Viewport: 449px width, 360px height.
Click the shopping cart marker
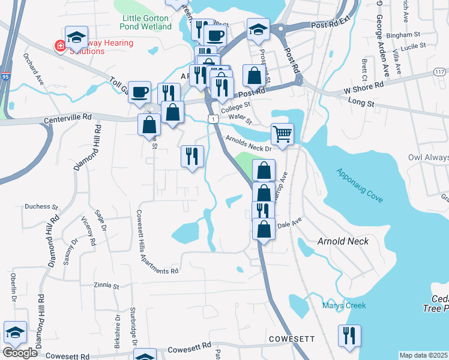pyautogui.click(x=282, y=134)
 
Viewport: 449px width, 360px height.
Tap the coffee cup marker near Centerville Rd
pyautogui.click(x=139, y=92)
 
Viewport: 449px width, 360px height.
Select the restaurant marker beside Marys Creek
pyautogui.click(x=349, y=336)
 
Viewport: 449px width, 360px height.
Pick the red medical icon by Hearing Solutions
pyautogui.click(x=60, y=46)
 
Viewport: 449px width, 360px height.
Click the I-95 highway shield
pyautogui.click(x=6, y=60)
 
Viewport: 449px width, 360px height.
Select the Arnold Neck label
pyautogui.click(x=343, y=241)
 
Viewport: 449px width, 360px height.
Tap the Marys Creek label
pyautogui.click(x=343, y=305)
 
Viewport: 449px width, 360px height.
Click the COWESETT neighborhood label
pyautogui.click(x=291, y=339)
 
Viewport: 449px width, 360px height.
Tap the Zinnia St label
pyautogui.click(x=107, y=286)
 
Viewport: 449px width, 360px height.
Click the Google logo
pyautogui.click(x=20, y=353)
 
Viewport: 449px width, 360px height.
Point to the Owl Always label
pyautogui.click(x=428, y=158)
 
